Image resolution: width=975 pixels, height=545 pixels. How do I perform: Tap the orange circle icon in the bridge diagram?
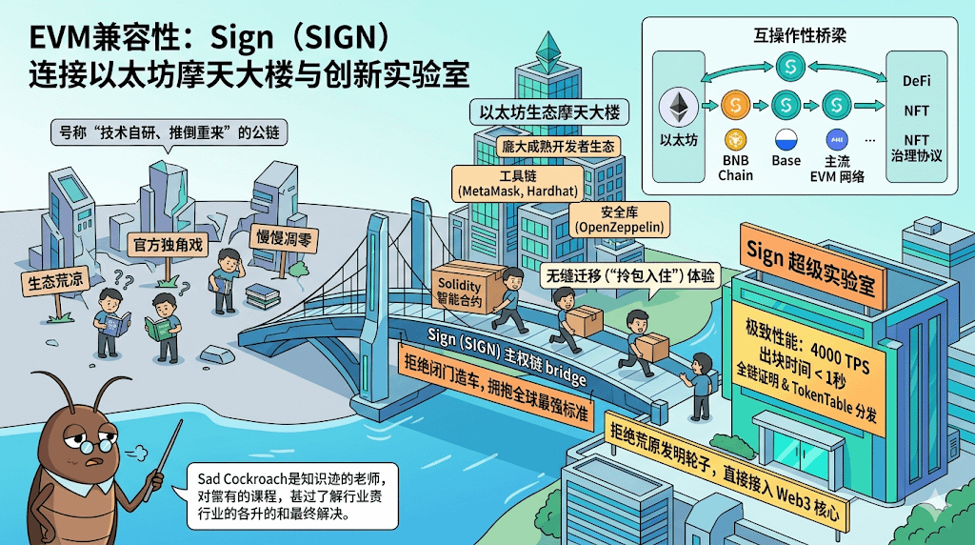pos(735,103)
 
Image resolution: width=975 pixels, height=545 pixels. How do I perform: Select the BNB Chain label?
pos(735,168)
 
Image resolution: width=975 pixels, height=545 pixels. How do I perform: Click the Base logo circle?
pos(786,138)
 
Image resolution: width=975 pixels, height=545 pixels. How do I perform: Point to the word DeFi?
pos(916,81)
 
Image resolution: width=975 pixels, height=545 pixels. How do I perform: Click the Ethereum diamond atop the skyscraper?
pos(547,48)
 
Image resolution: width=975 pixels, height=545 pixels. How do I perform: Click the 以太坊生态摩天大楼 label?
pos(549,112)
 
